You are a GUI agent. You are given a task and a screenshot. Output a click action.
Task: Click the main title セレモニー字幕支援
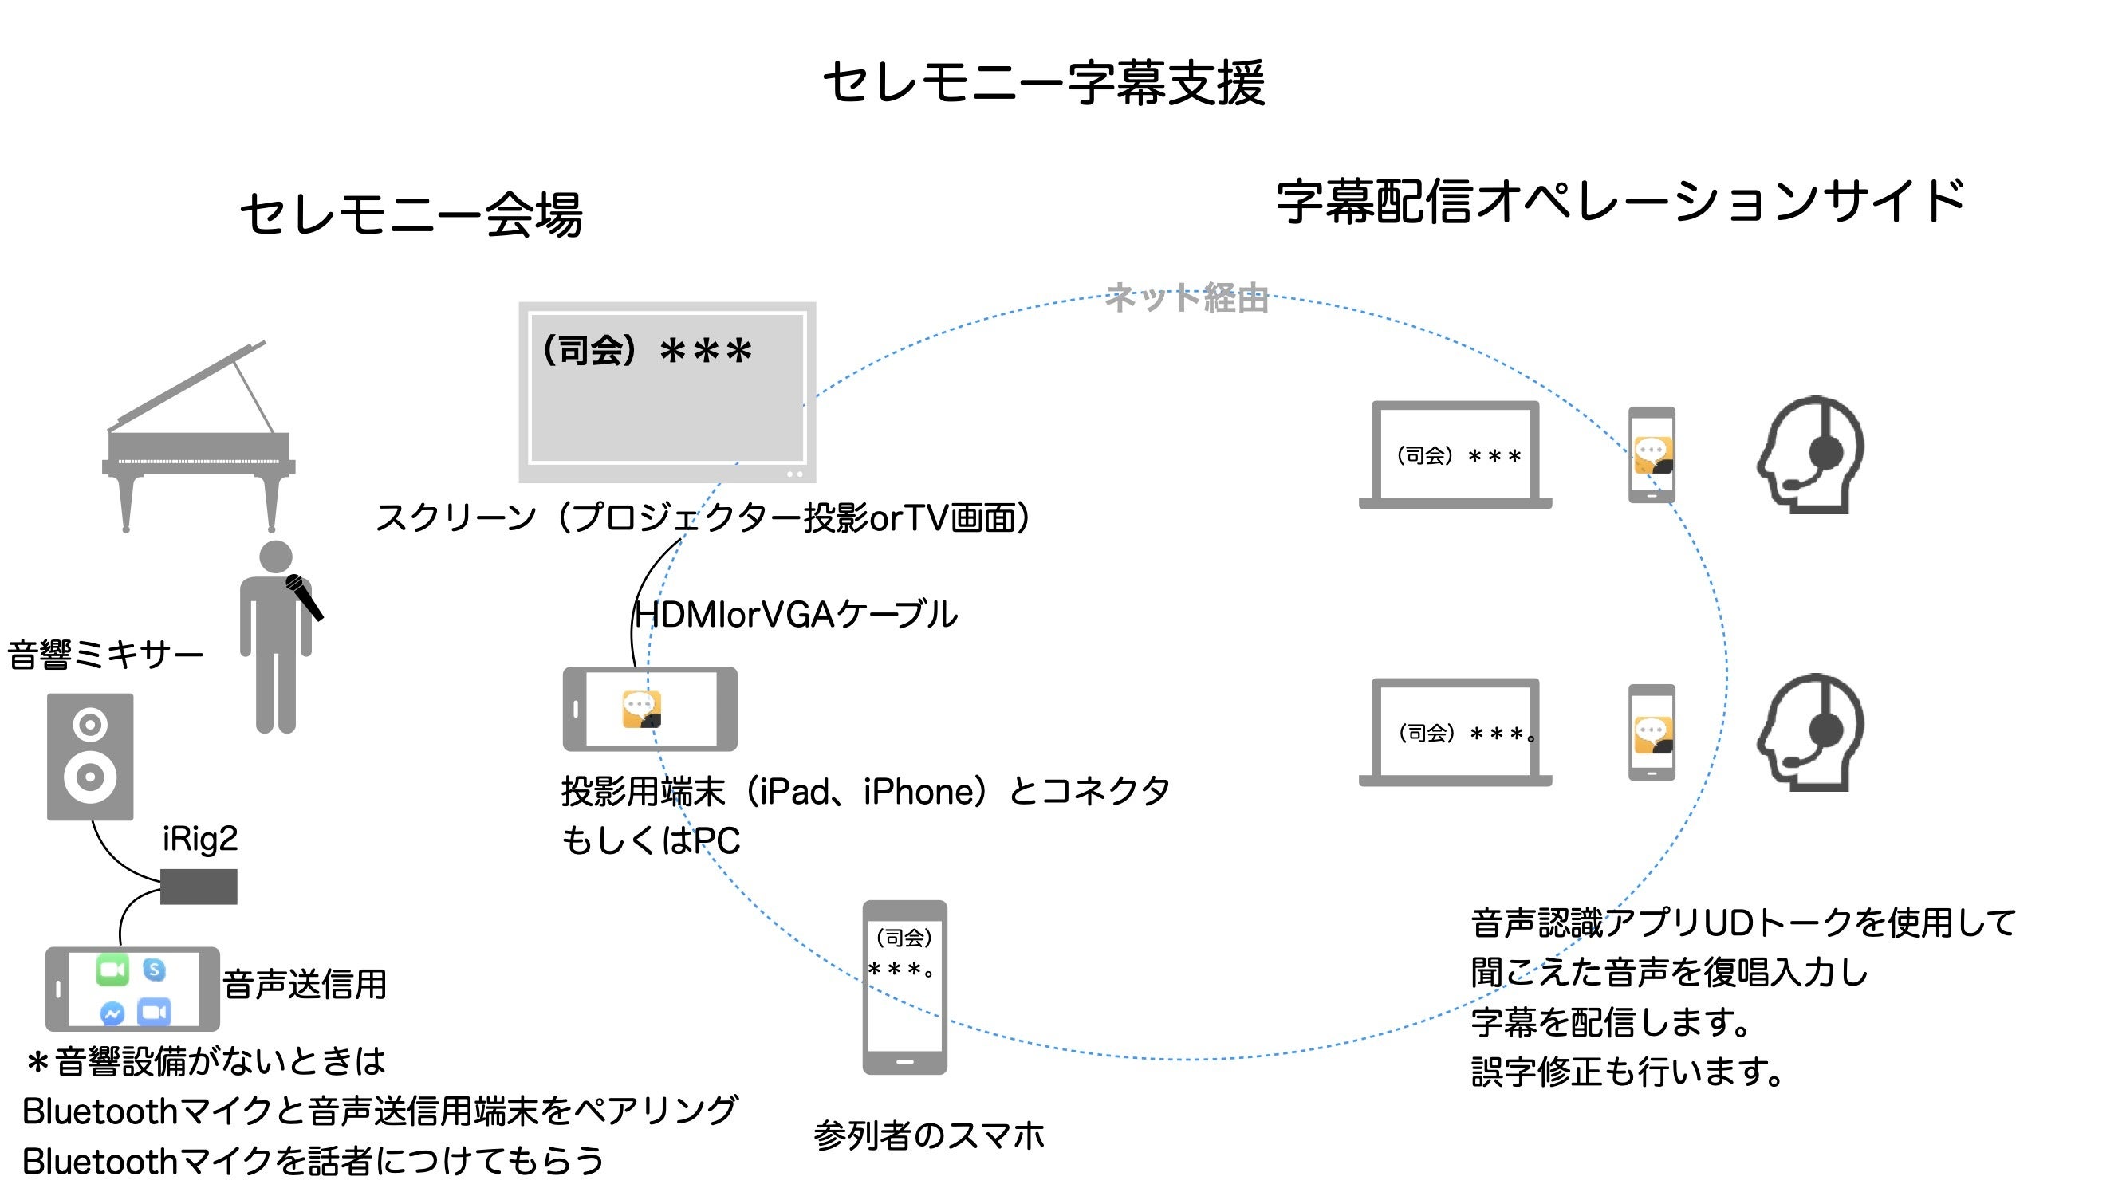[1043, 83]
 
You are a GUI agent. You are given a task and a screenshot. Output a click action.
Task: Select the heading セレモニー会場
[411, 214]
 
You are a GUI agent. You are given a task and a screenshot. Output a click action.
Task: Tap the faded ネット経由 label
[1186, 298]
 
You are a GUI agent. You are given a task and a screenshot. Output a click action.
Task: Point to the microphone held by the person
[305, 596]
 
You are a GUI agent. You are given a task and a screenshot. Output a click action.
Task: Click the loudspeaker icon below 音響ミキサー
[90, 756]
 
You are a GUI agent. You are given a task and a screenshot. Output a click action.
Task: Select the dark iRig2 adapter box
[198, 887]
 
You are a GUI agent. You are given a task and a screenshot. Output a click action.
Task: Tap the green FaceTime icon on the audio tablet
[112, 970]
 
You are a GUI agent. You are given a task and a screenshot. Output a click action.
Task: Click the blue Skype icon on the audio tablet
[155, 969]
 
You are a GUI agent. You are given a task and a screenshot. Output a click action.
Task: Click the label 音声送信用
[305, 984]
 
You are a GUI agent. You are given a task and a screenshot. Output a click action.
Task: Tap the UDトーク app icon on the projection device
[641, 709]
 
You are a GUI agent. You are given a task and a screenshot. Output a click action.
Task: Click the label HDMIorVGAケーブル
[795, 614]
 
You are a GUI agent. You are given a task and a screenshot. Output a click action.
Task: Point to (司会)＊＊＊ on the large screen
[646, 351]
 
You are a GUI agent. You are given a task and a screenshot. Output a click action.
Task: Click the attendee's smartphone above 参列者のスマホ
[904, 987]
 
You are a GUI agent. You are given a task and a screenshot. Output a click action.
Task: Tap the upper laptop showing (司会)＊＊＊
[1455, 454]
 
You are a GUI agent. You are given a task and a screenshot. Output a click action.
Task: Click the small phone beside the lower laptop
[1652, 732]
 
